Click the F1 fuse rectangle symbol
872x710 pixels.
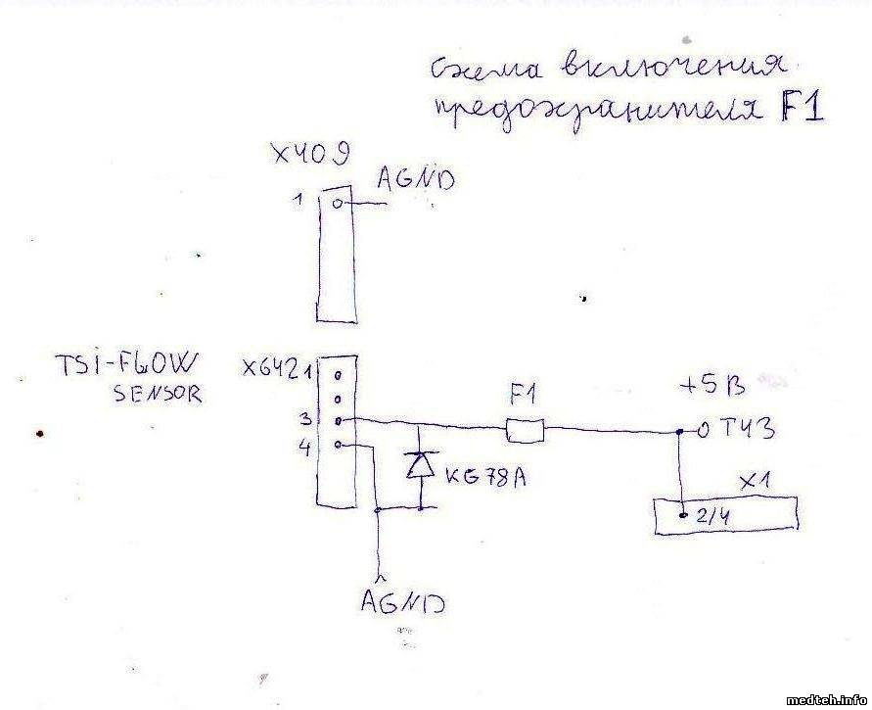(x=524, y=428)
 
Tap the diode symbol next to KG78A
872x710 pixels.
(x=420, y=465)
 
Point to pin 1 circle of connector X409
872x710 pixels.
(x=338, y=204)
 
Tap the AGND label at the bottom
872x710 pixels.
(x=402, y=600)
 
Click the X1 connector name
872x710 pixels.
(x=756, y=482)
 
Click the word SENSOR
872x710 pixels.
(x=157, y=396)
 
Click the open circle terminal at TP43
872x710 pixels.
(x=690, y=430)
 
